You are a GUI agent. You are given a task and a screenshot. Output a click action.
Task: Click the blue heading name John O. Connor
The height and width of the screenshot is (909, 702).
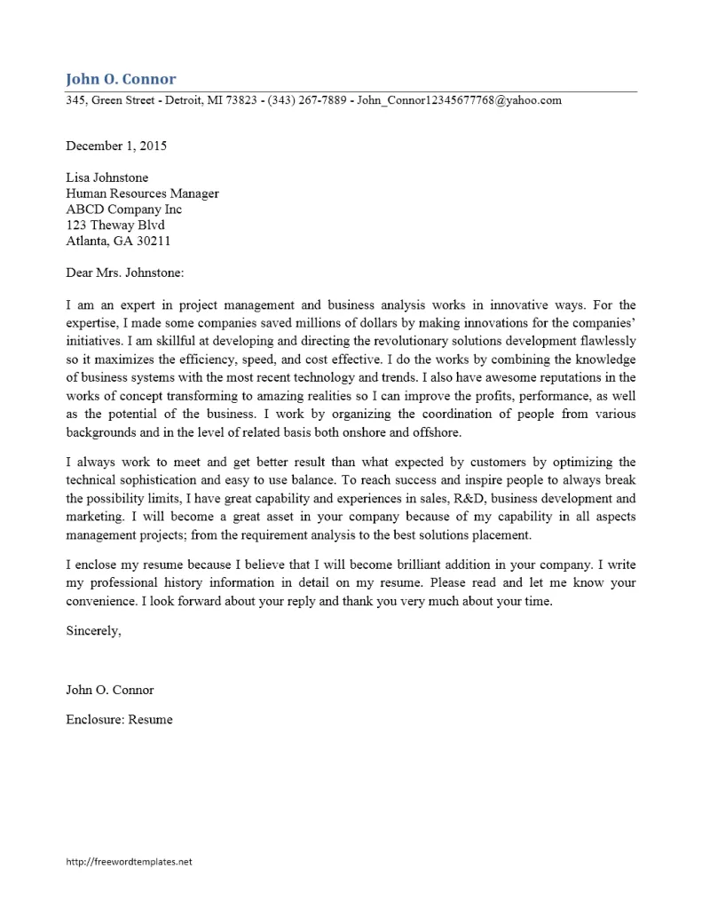(121, 79)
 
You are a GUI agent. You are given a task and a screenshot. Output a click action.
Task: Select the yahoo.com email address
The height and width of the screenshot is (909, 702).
(459, 100)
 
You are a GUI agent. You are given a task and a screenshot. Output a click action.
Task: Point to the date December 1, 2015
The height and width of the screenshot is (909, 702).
(116, 146)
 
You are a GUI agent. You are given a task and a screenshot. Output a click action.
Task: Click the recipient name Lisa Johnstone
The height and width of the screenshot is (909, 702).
(107, 178)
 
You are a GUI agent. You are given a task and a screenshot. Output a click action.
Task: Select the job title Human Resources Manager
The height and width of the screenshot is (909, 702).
(142, 194)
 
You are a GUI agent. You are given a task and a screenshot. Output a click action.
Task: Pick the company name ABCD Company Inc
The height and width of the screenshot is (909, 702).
(123, 209)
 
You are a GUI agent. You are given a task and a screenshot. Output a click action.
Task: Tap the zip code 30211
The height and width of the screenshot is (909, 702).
(153, 241)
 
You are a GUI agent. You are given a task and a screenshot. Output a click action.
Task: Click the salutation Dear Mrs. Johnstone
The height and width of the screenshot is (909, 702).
(124, 273)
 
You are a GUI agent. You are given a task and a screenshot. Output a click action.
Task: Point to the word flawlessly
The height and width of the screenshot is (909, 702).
(606, 342)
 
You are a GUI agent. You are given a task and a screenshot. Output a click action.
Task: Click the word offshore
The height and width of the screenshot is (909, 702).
(437, 432)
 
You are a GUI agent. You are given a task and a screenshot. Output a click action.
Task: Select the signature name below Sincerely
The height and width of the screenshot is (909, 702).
(110, 690)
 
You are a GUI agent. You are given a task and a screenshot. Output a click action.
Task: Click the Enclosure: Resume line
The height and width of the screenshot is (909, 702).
(119, 719)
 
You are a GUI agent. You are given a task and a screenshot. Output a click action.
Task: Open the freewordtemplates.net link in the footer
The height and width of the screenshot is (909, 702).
(129, 861)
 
